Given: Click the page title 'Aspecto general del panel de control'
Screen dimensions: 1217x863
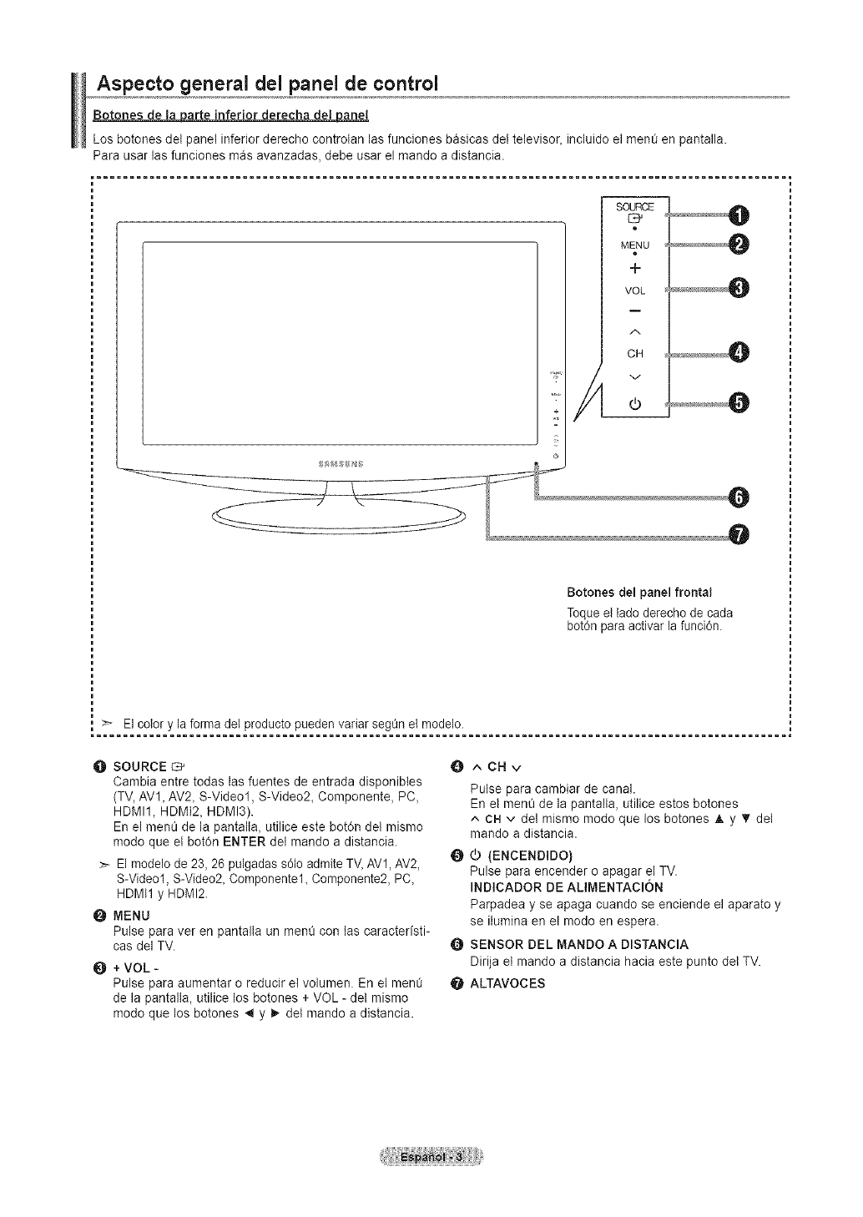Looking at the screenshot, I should (x=268, y=85).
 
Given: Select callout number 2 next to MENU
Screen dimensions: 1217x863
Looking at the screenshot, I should (x=739, y=244).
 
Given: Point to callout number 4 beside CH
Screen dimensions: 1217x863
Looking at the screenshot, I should (x=739, y=353).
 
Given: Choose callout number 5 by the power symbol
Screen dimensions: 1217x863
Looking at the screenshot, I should (x=739, y=402).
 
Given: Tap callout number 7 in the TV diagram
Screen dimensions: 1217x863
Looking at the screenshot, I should (x=739, y=534).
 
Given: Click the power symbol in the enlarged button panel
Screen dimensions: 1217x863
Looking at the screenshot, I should (x=635, y=406).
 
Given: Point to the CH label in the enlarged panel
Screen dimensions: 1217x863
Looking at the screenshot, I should (x=635, y=352).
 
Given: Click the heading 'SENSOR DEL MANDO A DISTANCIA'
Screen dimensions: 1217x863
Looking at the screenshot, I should (x=579, y=944).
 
